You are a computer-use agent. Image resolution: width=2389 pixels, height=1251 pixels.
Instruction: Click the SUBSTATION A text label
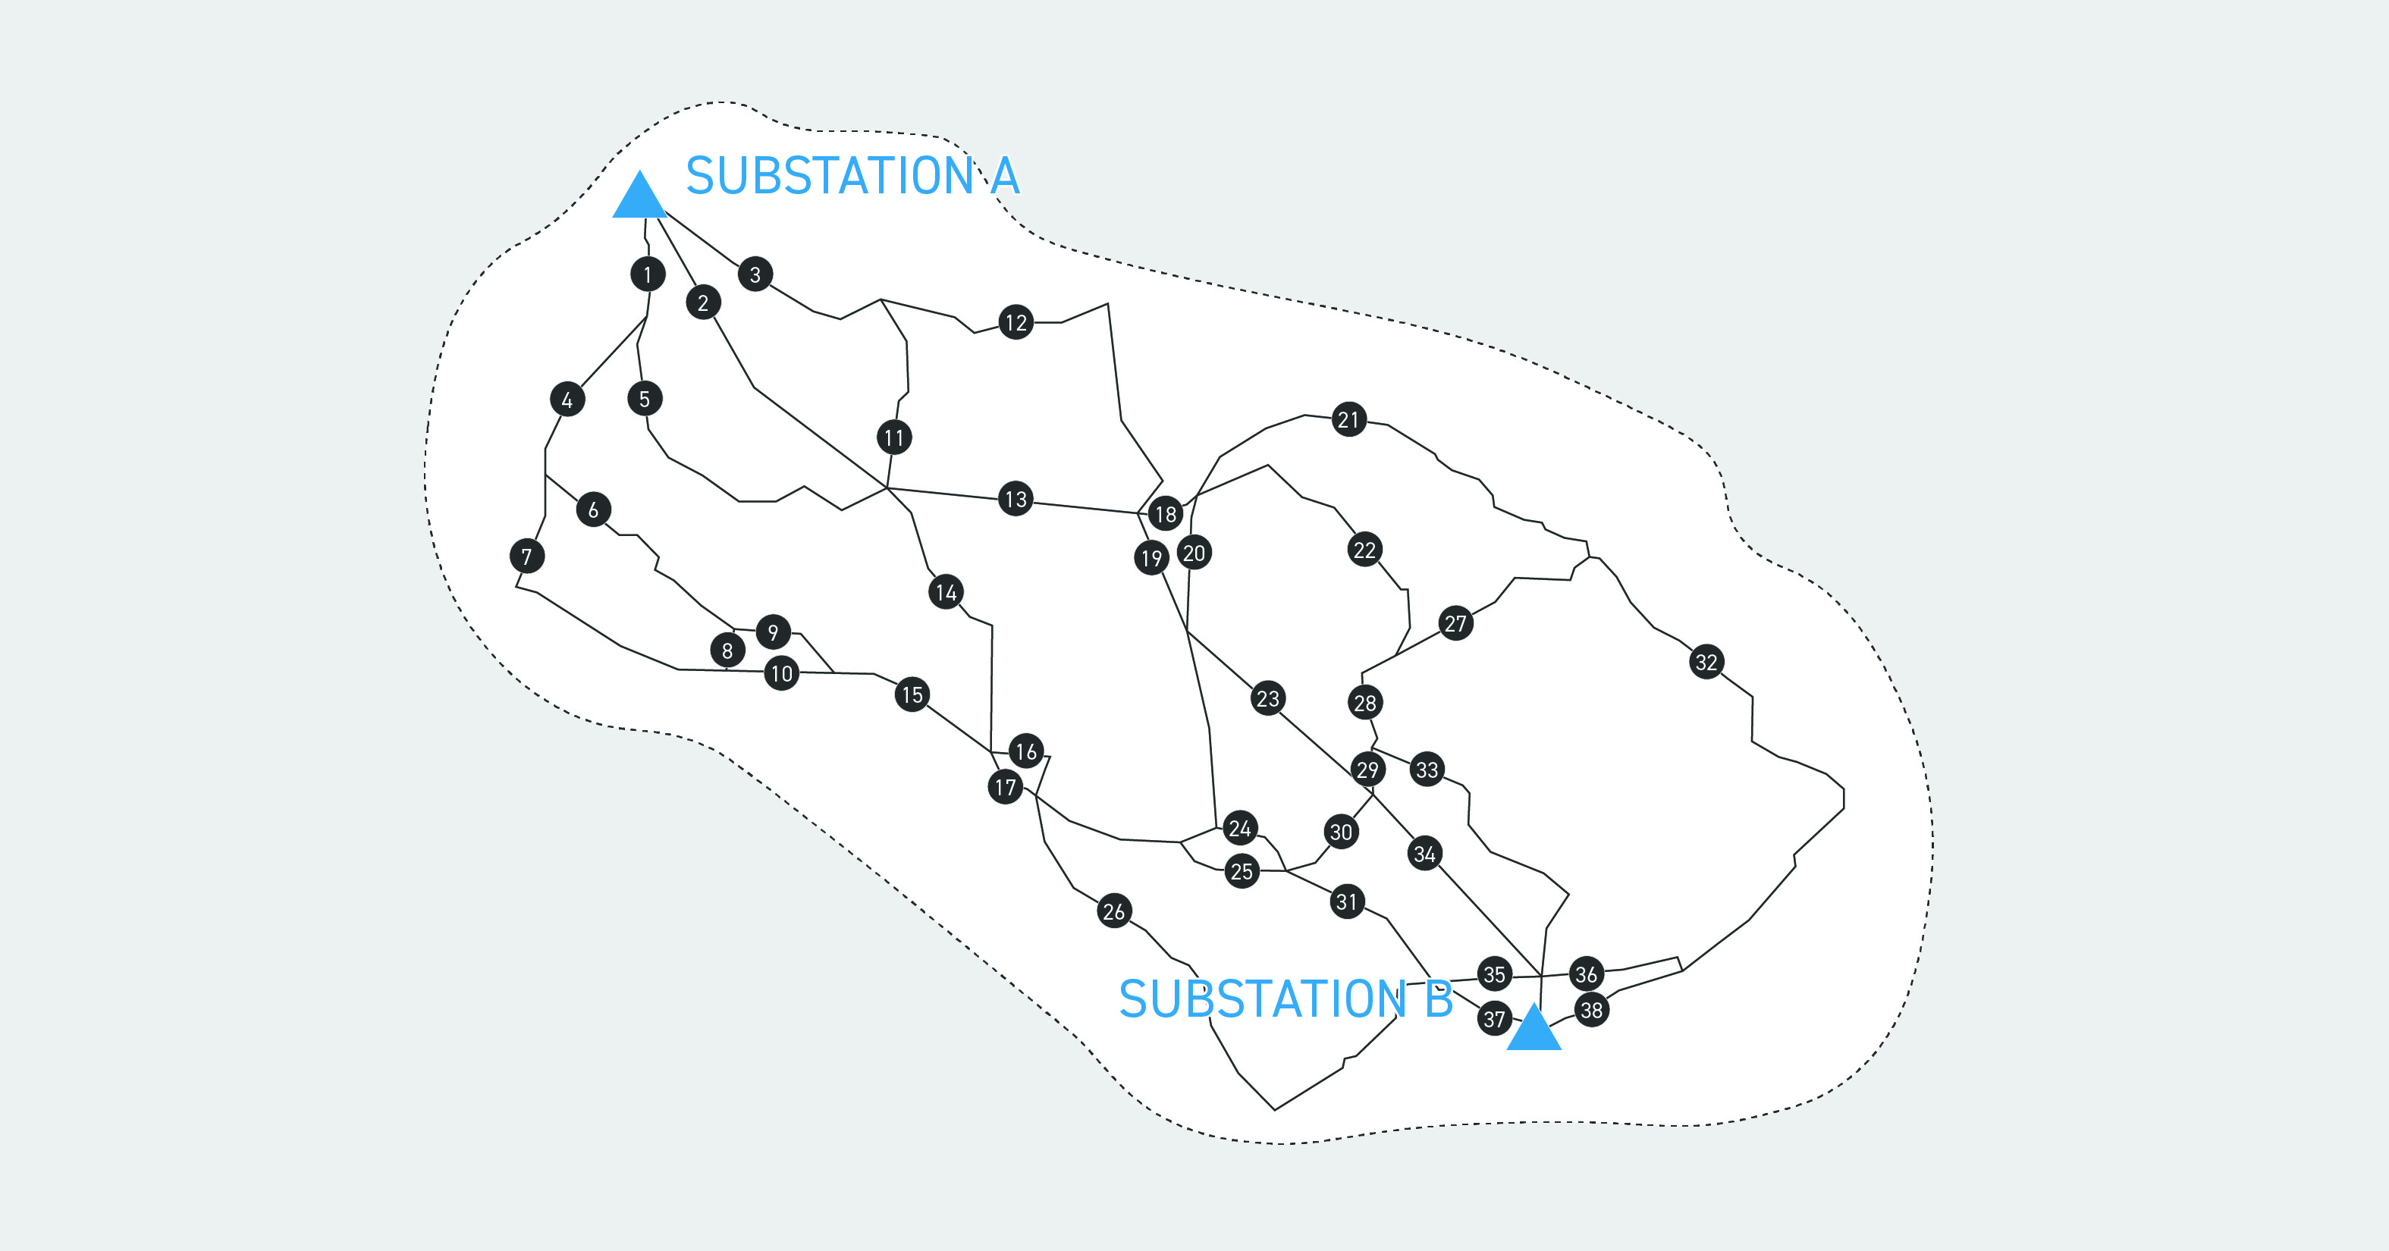(852, 175)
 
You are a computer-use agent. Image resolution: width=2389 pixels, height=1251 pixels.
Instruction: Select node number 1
(648, 274)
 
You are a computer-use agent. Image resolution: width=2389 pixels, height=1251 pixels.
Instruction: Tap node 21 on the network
(1348, 419)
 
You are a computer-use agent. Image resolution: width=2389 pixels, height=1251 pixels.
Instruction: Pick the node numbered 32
(1706, 661)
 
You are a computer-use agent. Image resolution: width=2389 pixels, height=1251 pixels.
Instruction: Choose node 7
(527, 557)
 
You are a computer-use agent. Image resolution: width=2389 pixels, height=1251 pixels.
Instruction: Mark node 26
(1114, 911)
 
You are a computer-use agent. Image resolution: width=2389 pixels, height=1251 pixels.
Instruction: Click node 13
(1016, 499)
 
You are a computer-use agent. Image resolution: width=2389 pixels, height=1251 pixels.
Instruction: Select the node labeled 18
(1166, 514)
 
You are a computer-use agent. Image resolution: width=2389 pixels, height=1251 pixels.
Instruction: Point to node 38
(1591, 1009)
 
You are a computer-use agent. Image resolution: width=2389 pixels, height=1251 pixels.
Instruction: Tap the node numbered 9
(773, 632)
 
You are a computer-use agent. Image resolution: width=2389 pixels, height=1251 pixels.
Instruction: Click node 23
(1268, 698)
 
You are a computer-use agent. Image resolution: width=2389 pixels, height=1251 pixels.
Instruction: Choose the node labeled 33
(1427, 769)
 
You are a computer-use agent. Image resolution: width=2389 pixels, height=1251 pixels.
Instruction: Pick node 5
(645, 399)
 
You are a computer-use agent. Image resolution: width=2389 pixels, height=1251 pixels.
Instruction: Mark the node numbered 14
(946, 591)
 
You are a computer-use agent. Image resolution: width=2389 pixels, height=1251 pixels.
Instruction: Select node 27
(1456, 623)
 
